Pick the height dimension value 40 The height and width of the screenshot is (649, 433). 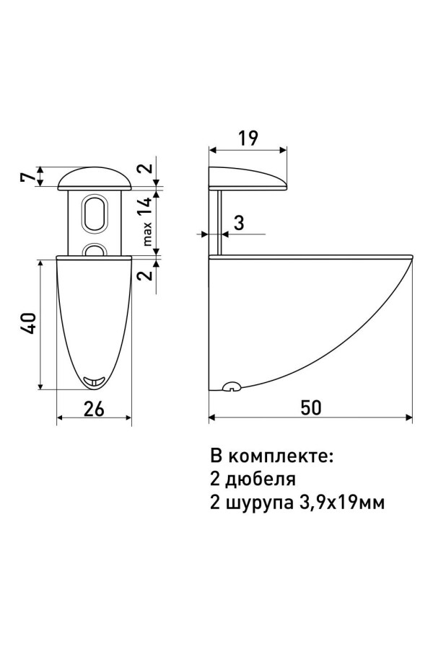[x=27, y=324]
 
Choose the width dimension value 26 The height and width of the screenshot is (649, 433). [x=94, y=408]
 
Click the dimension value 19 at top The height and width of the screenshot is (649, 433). [x=247, y=137]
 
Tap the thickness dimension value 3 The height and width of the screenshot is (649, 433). [x=239, y=223]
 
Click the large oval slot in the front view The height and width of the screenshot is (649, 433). [x=94, y=213]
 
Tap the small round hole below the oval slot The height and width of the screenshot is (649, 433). [x=94, y=250]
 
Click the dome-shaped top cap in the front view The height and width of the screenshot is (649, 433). [x=94, y=177]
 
